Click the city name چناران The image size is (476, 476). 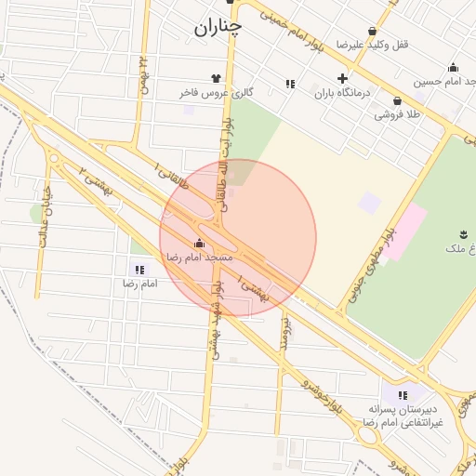tap(218, 28)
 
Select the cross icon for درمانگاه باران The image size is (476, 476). tap(343, 79)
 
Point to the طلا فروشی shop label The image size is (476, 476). tap(397, 114)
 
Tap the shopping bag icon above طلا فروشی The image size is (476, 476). tap(397, 100)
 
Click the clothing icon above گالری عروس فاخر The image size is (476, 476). tap(217, 79)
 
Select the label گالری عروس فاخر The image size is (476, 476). tap(217, 93)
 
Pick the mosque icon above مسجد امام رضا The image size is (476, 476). tap(199, 243)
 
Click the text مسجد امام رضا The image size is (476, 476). tap(199, 256)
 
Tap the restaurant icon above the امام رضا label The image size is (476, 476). tap(139, 270)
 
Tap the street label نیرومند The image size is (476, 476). tap(284, 336)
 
